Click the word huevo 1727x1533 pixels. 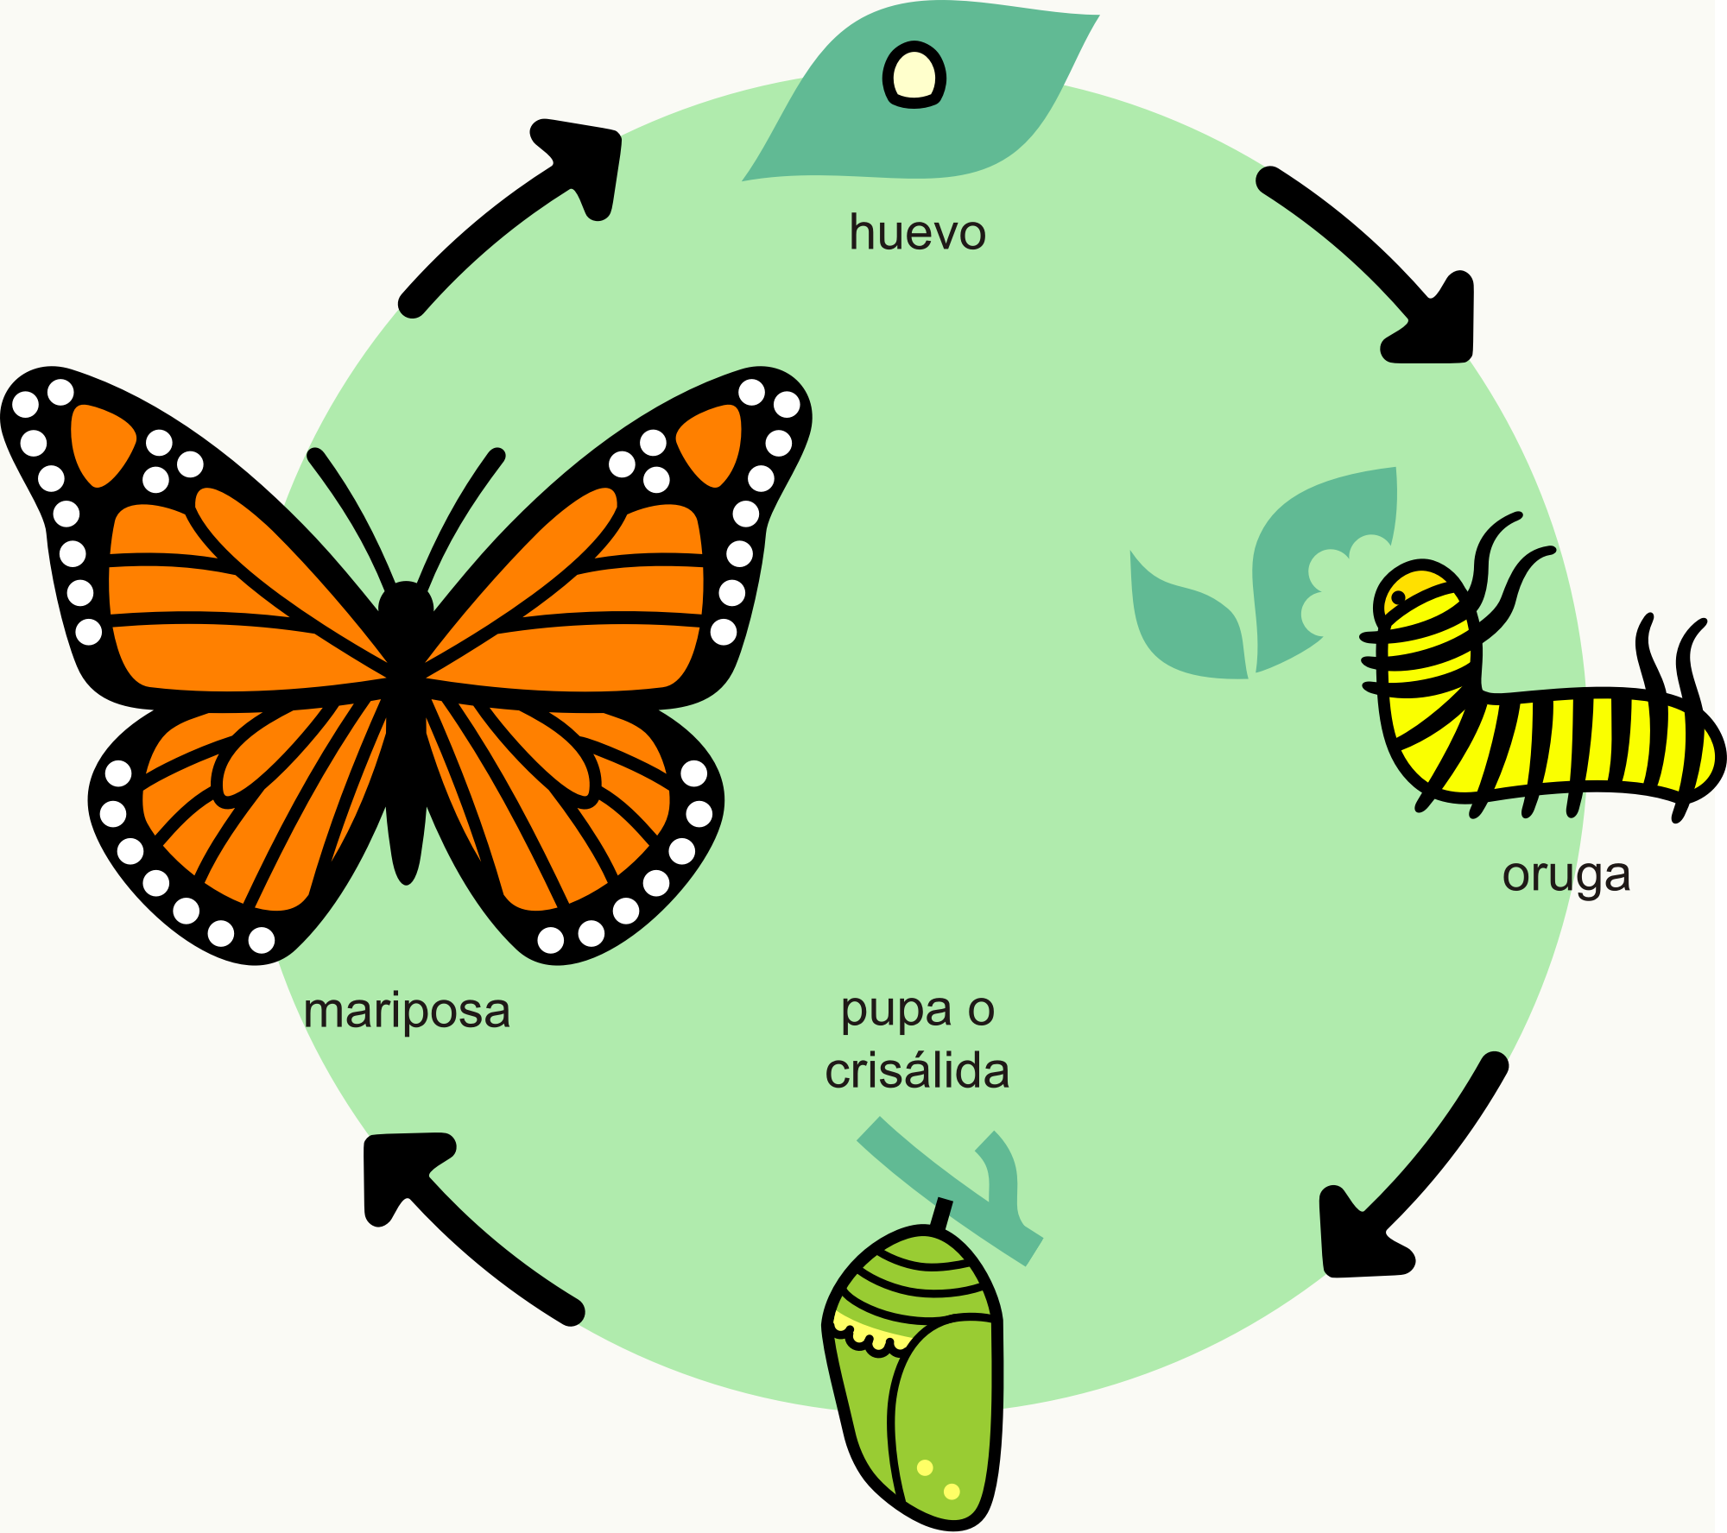pyautogui.click(x=917, y=233)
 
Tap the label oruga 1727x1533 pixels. pyautogui.click(x=1566, y=875)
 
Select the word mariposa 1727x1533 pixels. pyautogui.click(x=407, y=1011)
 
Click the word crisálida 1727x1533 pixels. pyautogui.click(x=917, y=1071)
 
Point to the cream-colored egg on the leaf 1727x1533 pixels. pyautogui.click(x=914, y=75)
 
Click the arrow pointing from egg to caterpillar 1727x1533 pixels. pyautogui.click(x=1373, y=259)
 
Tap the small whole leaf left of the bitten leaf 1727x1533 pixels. pyautogui.click(x=1187, y=630)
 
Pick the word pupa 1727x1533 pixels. pyautogui.click(x=884, y=1011)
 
